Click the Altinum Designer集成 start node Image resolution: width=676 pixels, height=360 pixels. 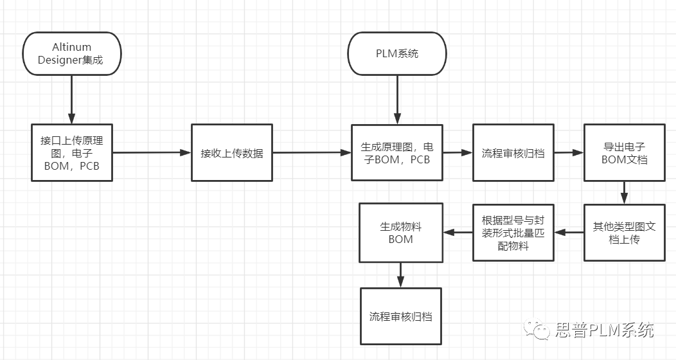point(71,53)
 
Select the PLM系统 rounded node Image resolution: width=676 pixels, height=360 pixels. point(397,53)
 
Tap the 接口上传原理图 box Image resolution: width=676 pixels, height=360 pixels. point(72,152)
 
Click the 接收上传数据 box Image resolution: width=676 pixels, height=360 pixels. point(231,152)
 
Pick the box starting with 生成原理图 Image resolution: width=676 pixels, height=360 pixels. point(397,152)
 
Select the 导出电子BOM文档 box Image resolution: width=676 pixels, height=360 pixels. point(624,152)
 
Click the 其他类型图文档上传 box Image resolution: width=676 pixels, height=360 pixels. point(624,232)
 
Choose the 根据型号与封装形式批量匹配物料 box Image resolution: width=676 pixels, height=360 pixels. point(513,232)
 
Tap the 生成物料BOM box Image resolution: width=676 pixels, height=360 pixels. point(400,232)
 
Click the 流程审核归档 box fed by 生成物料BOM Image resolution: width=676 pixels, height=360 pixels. point(400,316)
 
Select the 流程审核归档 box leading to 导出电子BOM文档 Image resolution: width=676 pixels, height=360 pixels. point(513,152)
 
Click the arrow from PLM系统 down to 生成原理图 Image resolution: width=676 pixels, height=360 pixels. point(397,100)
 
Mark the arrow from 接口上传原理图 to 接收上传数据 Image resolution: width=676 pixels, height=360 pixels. point(152,153)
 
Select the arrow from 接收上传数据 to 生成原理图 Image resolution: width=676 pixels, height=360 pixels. point(311,153)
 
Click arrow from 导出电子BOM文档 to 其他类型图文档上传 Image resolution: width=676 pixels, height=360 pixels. point(624,192)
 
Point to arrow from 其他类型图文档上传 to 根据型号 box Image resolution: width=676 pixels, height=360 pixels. point(569,232)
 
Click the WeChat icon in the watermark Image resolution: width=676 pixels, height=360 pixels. point(537,330)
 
